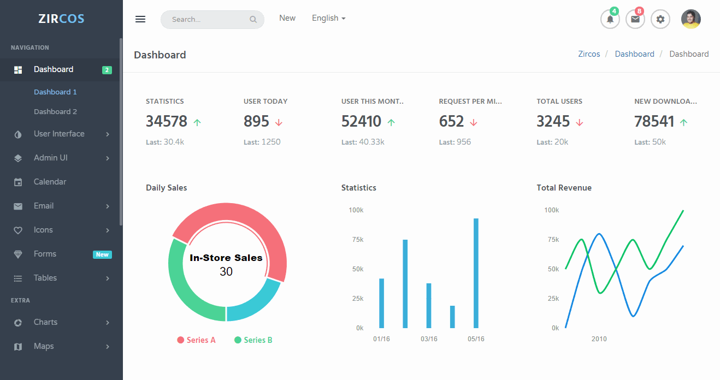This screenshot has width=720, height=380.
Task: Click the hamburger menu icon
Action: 140,19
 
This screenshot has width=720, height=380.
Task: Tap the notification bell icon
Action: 610,19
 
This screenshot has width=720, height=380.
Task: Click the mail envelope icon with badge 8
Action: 635,19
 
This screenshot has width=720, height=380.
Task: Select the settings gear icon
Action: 660,19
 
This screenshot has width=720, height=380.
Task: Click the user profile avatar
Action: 691,19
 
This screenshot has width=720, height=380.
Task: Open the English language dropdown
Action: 328,18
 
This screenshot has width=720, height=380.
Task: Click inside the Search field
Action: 208,20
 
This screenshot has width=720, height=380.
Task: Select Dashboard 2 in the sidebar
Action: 55,111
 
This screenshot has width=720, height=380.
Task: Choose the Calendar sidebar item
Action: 50,182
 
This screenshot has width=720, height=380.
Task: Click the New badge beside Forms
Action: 102,254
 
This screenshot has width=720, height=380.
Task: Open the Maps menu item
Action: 44,346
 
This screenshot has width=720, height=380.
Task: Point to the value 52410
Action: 361,121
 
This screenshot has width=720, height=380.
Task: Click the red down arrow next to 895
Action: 279,122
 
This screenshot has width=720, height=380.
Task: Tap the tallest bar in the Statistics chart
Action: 476,273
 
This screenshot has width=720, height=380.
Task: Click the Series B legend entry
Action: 253,340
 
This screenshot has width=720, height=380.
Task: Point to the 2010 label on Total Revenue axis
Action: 599,339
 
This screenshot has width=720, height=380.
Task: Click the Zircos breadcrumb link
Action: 589,54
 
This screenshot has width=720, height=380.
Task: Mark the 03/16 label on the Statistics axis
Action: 429,339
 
